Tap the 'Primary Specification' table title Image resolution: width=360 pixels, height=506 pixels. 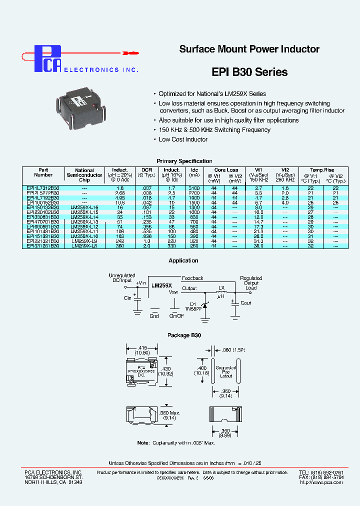tap(184, 161)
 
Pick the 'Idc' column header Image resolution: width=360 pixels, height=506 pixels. tap(194, 170)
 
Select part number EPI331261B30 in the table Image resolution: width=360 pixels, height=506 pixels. tap(43, 246)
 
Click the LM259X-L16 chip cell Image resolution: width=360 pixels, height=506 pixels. tap(84, 207)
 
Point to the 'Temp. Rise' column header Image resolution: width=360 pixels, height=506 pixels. tap(321, 170)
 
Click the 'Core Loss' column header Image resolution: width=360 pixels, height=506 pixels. tap(226, 170)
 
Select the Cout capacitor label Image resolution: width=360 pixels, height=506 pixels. tap(246, 303)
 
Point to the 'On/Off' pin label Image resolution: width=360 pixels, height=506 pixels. tap(176, 316)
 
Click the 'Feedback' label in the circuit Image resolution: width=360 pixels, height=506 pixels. tap(192, 278)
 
